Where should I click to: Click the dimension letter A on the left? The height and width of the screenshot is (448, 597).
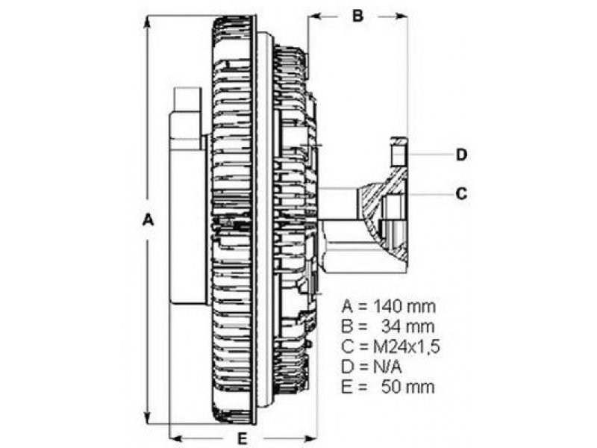[148, 220]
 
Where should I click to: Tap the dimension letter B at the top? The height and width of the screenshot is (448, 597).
[357, 16]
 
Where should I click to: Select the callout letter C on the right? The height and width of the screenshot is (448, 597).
[461, 194]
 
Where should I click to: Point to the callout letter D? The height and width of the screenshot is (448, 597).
[461, 155]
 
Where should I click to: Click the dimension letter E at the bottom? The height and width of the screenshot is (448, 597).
[242, 438]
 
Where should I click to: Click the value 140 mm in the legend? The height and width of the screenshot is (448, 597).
[404, 306]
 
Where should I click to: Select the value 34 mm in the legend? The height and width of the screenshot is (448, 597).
[407, 326]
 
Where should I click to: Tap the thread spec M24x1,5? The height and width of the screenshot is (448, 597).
[406, 346]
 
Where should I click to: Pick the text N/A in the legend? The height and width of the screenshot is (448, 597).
[387, 367]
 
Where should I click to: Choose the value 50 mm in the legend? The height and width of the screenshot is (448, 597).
[407, 387]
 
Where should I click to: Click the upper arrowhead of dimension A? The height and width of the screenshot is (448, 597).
[147, 22]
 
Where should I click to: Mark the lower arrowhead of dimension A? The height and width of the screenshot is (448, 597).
[147, 417]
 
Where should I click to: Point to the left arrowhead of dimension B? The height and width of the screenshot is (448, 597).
[315, 16]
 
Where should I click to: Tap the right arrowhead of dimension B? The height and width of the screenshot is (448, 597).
[400, 16]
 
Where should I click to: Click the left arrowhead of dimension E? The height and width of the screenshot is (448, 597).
[176, 438]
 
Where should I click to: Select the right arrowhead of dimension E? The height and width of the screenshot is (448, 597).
[310, 438]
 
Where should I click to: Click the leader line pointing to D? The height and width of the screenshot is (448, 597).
[431, 155]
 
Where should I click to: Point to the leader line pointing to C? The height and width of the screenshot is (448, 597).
[431, 194]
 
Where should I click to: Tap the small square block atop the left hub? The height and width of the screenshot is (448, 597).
[187, 99]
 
